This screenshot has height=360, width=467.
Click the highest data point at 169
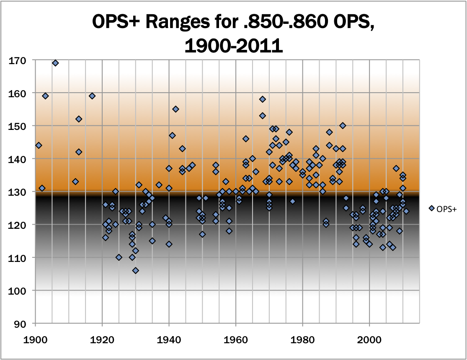pyautogui.click(x=55, y=63)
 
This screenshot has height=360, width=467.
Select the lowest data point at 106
pyautogui.click(x=136, y=270)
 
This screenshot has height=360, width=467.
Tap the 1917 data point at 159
pyautogui.click(x=92, y=96)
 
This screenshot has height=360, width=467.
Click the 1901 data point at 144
pyautogui.click(x=39, y=145)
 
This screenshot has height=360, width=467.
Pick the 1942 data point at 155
pyautogui.click(x=176, y=109)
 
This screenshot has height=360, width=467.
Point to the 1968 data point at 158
pyautogui.click(x=263, y=99)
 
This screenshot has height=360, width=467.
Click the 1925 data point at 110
pyautogui.click(x=119, y=257)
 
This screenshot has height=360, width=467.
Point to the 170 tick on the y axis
pyautogui.click(x=17, y=60)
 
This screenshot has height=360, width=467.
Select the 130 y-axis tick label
pyautogui.click(x=17, y=192)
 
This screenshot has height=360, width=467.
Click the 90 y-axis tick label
pyautogui.click(x=19, y=324)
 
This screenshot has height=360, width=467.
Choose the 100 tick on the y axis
pyautogui.click(x=17, y=290)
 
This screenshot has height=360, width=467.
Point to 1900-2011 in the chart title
pyautogui.click(x=233, y=45)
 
